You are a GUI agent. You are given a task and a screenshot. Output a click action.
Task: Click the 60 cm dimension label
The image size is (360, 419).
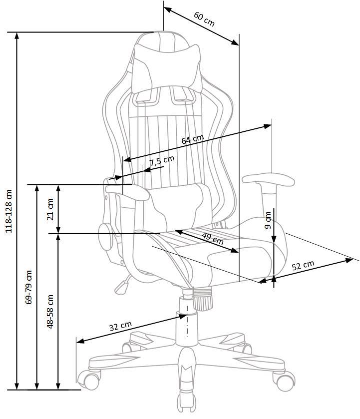click(x=204, y=19)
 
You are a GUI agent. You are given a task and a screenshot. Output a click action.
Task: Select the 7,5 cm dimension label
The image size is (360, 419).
click(x=162, y=161)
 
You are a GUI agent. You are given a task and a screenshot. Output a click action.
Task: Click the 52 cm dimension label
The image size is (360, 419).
click(x=303, y=265)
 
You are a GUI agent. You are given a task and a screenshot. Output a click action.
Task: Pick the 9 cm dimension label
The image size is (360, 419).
click(x=268, y=220)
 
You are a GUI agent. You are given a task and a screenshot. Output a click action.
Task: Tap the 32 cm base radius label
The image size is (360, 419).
click(x=120, y=327)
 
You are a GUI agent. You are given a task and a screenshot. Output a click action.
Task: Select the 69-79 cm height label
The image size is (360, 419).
click(x=28, y=287)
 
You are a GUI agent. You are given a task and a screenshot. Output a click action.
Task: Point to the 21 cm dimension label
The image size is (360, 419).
click(x=50, y=209)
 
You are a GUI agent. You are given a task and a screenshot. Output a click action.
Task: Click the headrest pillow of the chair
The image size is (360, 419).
click(x=165, y=65)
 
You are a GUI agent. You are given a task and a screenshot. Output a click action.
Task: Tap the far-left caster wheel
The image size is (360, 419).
click(x=90, y=380)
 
